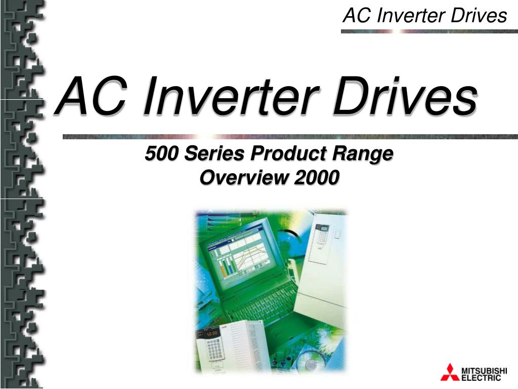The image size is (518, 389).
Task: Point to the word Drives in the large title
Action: [x=405, y=96]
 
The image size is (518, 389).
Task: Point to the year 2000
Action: [x=316, y=178]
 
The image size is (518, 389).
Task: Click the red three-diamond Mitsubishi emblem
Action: [x=450, y=372]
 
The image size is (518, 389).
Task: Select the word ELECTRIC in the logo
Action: [x=482, y=378]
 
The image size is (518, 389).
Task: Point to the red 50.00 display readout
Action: [x=212, y=334]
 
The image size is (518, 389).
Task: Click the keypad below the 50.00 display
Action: [x=214, y=350]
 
